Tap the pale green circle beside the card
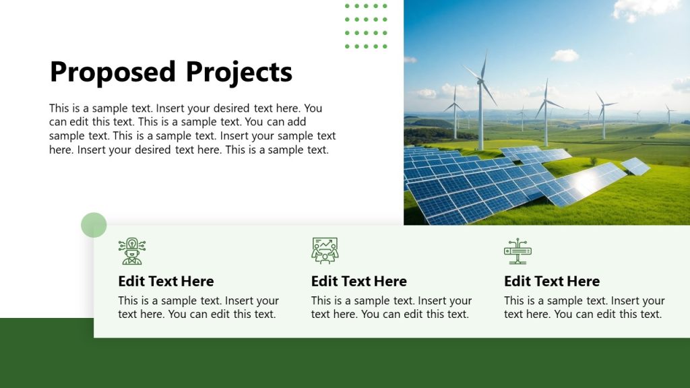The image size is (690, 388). [x=94, y=225]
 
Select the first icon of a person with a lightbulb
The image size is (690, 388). [x=131, y=251]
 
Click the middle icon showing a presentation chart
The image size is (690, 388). [x=325, y=251]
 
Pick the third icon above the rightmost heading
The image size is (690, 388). [x=517, y=251]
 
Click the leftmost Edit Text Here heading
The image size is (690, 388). [x=166, y=281]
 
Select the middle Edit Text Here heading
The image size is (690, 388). [x=358, y=281]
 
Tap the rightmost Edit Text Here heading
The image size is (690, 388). [x=551, y=281]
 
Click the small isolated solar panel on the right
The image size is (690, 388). [x=635, y=166]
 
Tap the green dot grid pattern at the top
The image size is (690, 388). [x=366, y=26]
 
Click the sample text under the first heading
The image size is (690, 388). [x=198, y=307]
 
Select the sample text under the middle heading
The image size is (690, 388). [x=391, y=307]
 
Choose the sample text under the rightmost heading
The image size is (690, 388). [x=584, y=307]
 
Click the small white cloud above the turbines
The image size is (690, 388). [x=565, y=55]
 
